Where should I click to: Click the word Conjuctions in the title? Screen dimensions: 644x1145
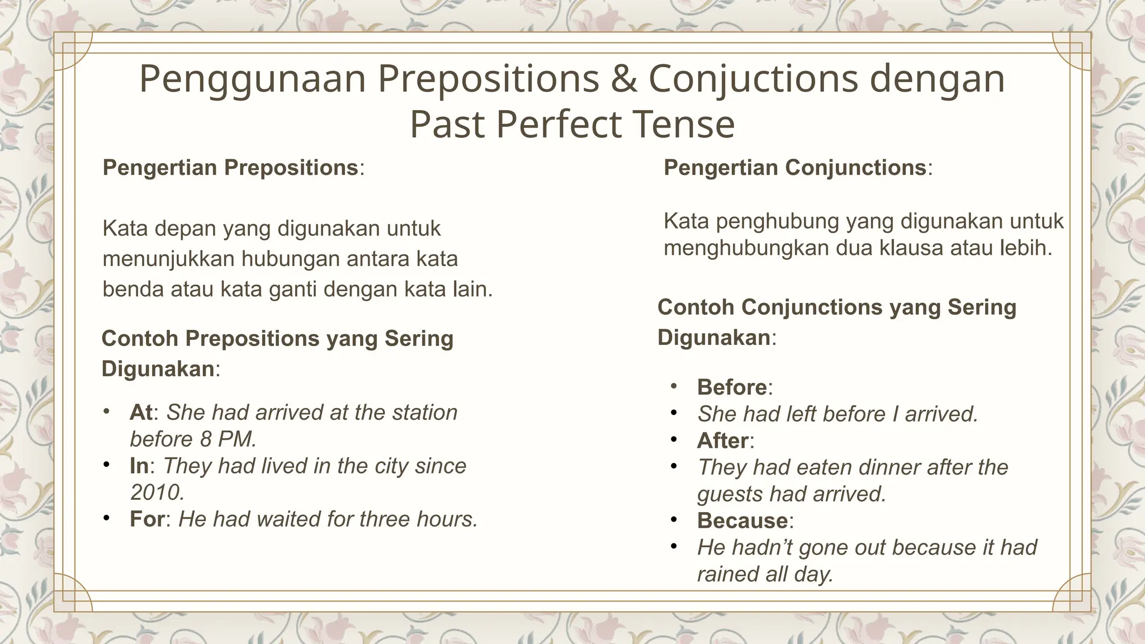click(753, 79)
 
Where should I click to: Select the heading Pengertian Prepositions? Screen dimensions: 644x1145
click(230, 168)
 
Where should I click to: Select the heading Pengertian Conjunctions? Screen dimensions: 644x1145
click(794, 168)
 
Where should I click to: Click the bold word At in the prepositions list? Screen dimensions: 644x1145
click(141, 413)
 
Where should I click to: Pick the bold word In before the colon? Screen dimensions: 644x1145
click(139, 466)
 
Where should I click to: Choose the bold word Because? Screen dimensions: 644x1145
click(742, 521)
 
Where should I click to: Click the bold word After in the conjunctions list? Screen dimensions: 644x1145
click(722, 441)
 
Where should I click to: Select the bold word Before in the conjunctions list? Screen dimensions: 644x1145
click(732, 387)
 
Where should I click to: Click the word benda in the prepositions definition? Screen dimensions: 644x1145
click(133, 290)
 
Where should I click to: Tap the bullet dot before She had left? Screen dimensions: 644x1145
click(674, 413)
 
